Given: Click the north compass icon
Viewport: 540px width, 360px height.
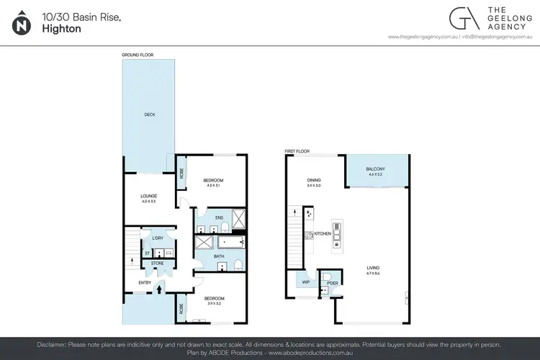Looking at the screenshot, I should (x=22, y=24).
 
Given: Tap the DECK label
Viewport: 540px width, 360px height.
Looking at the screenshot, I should (x=150, y=114).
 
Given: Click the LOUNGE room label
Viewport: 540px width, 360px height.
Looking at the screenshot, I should (x=149, y=195).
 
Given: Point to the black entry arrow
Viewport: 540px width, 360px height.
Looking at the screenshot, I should (x=159, y=288).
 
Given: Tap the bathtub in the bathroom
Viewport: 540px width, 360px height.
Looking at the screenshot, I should (x=233, y=242).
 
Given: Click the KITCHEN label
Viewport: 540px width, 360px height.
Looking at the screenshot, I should (x=322, y=234).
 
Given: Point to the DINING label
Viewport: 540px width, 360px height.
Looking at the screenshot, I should (x=314, y=180).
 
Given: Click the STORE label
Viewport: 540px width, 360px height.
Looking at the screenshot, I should (x=156, y=264).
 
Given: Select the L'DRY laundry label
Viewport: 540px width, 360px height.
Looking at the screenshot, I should (x=156, y=238).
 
